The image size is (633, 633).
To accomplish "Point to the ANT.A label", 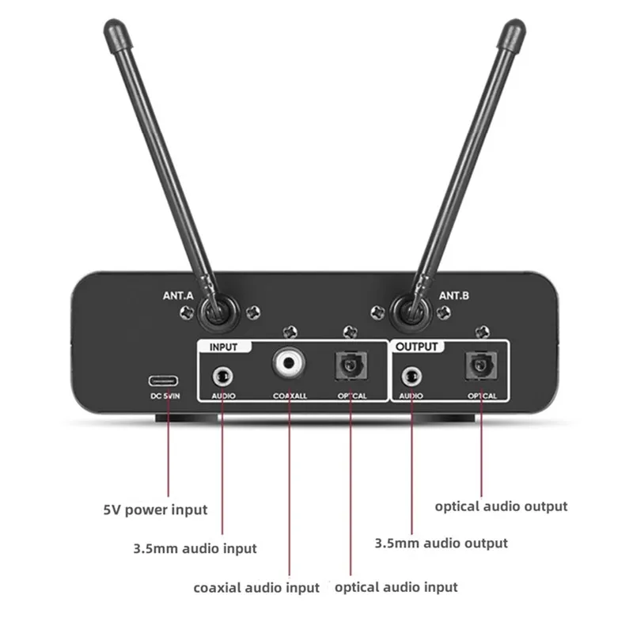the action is coord(178,297).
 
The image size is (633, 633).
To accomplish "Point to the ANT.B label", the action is coord(454,297).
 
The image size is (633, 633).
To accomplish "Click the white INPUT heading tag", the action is coord(228,346).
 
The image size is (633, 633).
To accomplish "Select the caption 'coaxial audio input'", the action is coord(256,587).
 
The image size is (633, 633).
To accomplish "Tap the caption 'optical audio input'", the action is coord(396,587).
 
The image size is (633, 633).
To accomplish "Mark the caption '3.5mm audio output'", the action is coord(441,543).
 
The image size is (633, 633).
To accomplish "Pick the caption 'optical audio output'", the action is coord(501,506).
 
